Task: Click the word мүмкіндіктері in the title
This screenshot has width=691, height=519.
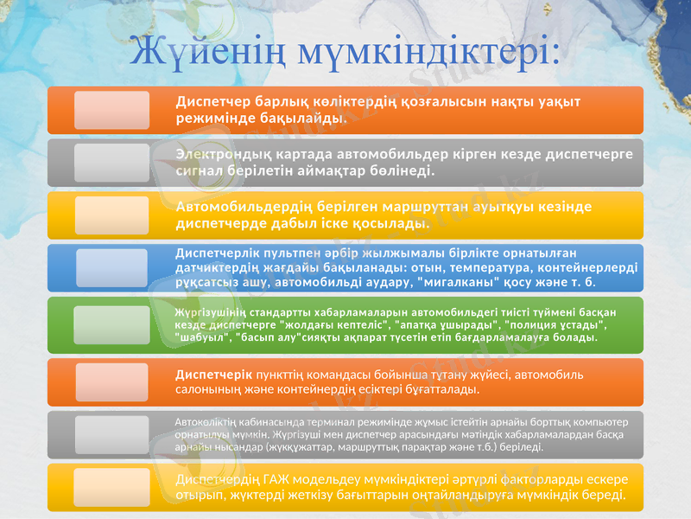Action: (424, 51)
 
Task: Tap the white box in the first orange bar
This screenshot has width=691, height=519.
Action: (111, 110)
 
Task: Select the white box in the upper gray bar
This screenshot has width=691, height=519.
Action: (111, 163)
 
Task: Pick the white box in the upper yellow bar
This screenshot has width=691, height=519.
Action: (111, 215)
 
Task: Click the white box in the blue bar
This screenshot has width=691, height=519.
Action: (111, 268)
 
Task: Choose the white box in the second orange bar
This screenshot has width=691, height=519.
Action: (111, 382)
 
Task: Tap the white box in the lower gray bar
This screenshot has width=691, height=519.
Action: (111, 434)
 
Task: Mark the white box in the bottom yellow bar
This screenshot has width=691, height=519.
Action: (111, 486)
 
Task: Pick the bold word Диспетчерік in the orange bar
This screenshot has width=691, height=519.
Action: (213, 375)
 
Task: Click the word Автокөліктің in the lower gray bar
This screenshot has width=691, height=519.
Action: (204, 421)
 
